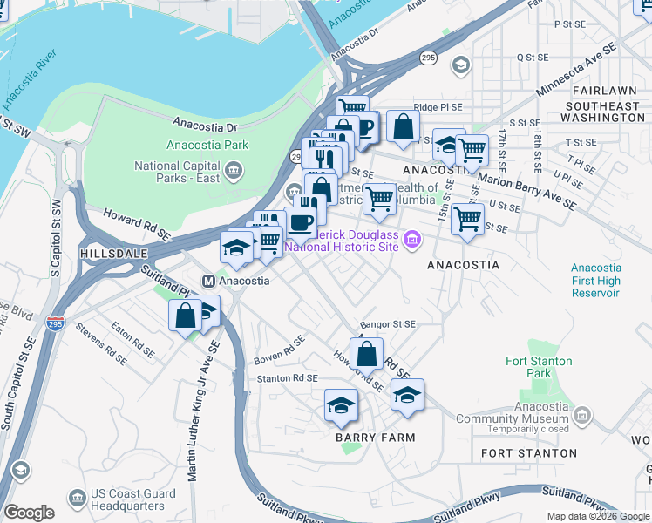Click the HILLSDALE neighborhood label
[110, 252]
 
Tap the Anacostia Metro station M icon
[208, 281]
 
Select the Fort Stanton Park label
[540, 367]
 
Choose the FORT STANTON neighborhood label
[529, 453]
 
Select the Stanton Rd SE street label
[287, 378]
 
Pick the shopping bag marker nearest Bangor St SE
[367, 354]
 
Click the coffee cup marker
[301, 222]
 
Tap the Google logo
[29, 513]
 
